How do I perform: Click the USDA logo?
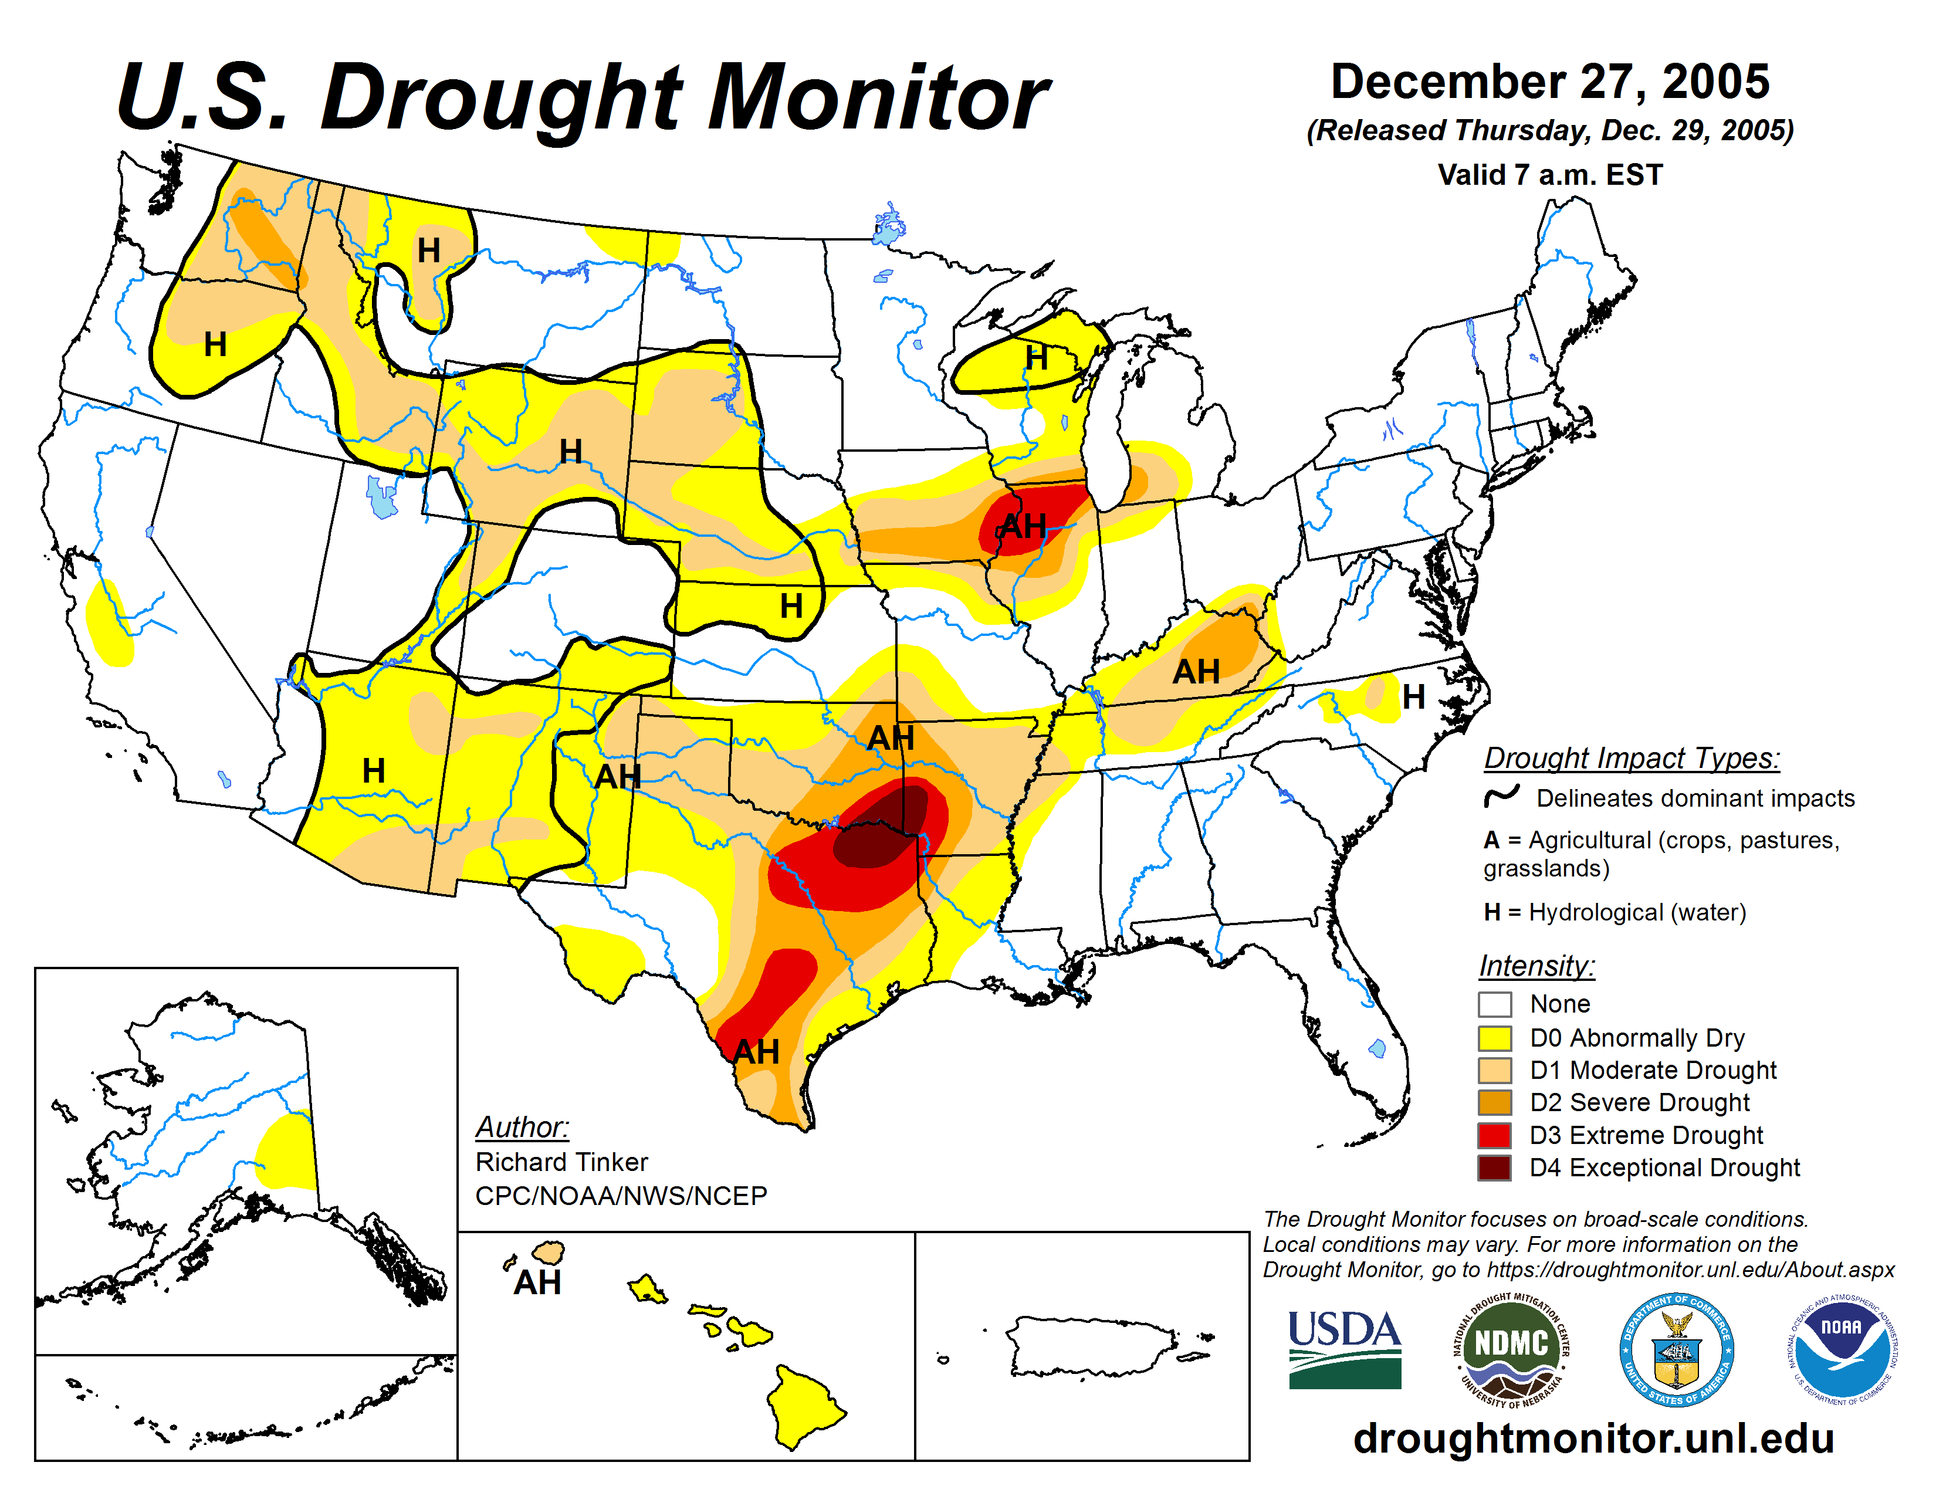point(1344,1349)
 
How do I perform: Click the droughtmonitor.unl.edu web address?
point(1593,1437)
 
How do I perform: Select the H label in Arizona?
point(373,770)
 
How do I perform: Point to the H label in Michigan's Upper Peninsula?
point(1036,358)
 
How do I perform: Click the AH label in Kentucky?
point(1196,672)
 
